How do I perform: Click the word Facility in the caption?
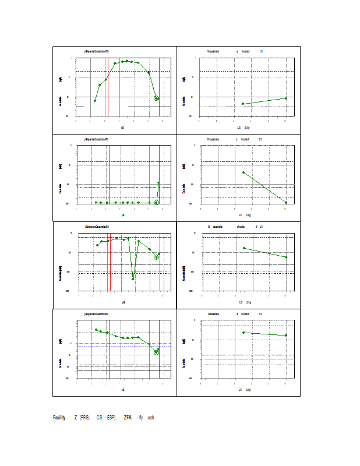59,418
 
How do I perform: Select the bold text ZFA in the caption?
128,418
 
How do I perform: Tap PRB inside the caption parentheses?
84,418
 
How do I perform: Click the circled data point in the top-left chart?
156,98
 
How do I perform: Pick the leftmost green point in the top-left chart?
95,101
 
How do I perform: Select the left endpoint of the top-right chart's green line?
243,104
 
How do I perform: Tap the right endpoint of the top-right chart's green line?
286,98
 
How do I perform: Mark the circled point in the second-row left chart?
156,203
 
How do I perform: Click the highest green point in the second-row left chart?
158,183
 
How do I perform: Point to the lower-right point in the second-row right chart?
286,202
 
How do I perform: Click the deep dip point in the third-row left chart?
133,279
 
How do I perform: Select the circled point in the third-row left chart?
156,257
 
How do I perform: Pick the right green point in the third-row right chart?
286,257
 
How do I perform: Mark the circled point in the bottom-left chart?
156,352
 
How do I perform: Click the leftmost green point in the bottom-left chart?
96,330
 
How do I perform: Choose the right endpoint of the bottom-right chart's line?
286,336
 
